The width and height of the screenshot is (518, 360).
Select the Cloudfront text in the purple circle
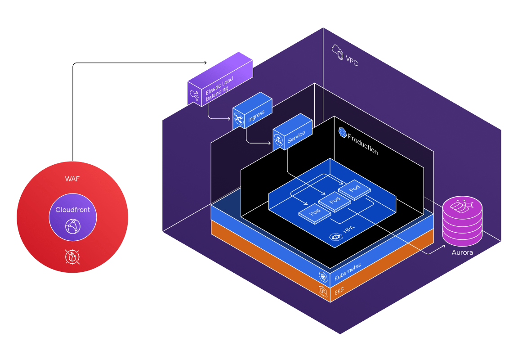tap(72, 210)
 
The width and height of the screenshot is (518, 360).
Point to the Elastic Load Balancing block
tap(220, 81)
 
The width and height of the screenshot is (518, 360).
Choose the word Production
tap(363, 144)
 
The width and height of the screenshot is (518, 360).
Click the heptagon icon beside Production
tap(343, 132)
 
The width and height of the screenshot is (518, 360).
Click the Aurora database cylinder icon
tap(462, 220)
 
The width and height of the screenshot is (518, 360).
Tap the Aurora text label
tap(462, 252)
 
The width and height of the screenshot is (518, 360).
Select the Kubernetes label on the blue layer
tap(348, 272)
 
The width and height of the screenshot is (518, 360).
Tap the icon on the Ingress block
tap(239, 119)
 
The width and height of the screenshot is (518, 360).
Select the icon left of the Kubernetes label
tap(322, 277)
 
